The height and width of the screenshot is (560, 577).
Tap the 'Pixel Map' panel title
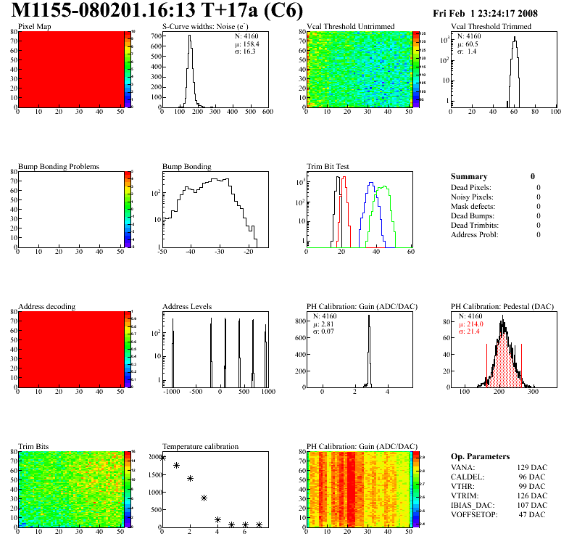(34, 27)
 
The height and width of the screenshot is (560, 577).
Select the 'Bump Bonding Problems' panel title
(59, 167)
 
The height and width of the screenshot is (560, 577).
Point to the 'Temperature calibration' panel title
(201, 446)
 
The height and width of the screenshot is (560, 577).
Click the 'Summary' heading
(469, 176)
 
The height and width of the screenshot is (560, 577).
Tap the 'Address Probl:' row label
(476, 234)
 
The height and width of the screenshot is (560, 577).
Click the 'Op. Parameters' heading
(480, 456)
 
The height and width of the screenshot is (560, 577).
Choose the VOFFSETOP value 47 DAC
(533, 514)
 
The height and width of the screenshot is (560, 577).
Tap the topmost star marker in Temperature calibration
(163, 458)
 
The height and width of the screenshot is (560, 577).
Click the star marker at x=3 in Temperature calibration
(204, 498)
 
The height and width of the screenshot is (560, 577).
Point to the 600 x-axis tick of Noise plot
(267, 112)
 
